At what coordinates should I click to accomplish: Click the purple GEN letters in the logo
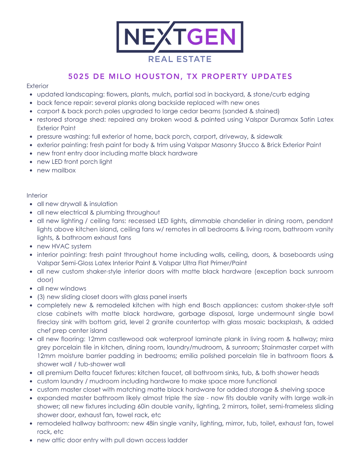click(x=211, y=37)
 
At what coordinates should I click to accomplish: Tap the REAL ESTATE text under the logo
click(x=180, y=59)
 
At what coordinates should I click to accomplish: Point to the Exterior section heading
click(x=37, y=86)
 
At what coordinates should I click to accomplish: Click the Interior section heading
click(x=37, y=195)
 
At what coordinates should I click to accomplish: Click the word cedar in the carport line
click(x=212, y=111)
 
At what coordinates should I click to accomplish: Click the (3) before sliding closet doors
click(x=41, y=297)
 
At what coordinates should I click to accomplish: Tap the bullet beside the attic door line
click(x=31, y=440)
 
